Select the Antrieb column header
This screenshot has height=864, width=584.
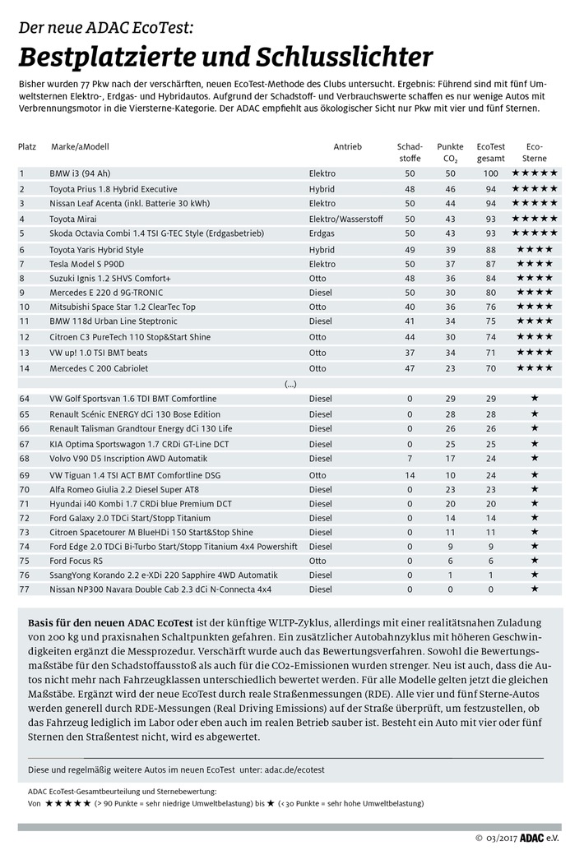coord(347,146)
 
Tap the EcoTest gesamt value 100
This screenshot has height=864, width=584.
coord(491,173)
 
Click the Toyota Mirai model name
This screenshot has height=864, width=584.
coord(74,219)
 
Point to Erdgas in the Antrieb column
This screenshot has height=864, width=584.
coord(322,233)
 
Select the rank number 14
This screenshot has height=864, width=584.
coord(23,367)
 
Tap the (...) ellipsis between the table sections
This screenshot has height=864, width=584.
coord(290,383)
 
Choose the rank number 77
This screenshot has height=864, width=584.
coord(23,589)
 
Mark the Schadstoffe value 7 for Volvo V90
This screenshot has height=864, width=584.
coord(410,458)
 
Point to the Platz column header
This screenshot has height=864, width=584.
coord(27,146)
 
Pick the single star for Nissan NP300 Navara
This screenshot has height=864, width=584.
coord(535,589)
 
